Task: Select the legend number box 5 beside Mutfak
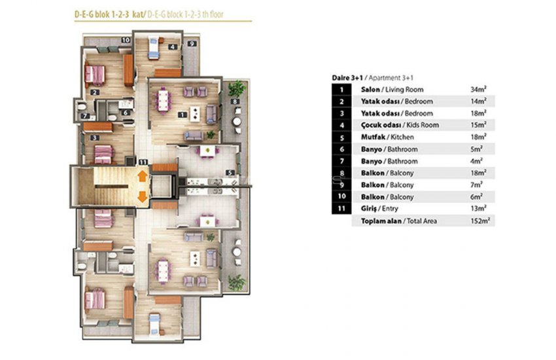click(341, 137)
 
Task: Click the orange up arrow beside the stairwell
click(141, 175)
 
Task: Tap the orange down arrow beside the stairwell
click(141, 196)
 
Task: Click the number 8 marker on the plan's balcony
click(234, 101)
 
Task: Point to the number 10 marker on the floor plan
click(126, 41)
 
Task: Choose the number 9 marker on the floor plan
click(192, 44)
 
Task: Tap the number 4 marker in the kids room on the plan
click(172, 47)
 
